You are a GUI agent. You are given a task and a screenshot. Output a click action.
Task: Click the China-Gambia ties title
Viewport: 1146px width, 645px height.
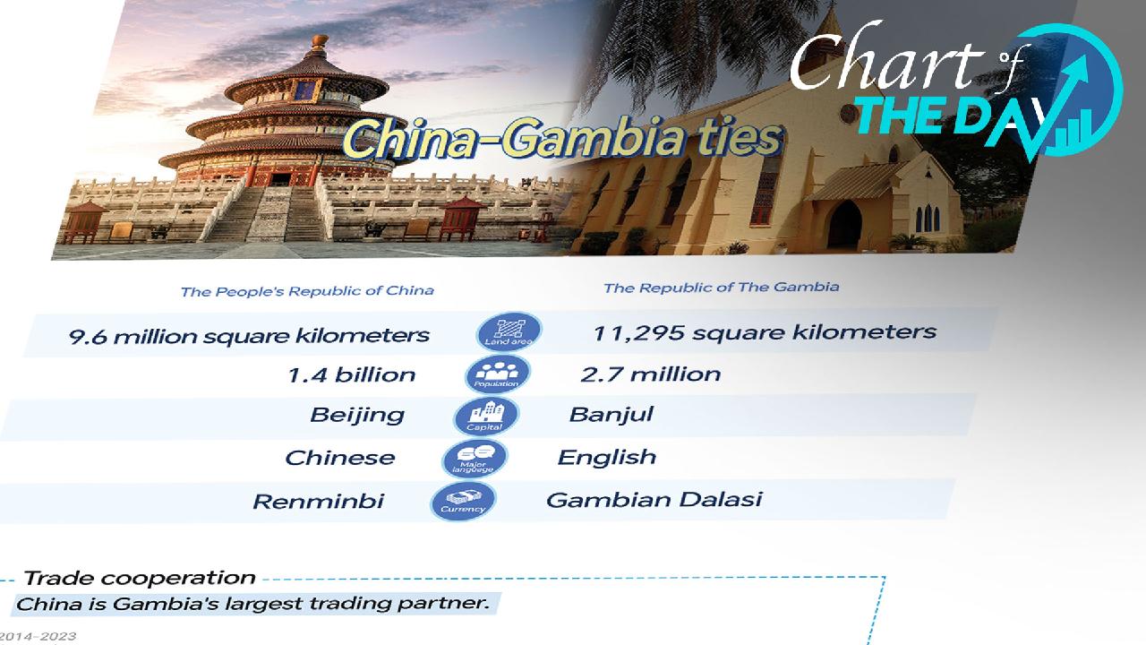[562, 141]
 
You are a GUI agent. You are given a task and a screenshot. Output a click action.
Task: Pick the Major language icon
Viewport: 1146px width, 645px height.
[475, 458]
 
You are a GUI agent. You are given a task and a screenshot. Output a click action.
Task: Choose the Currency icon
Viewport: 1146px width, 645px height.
[463, 499]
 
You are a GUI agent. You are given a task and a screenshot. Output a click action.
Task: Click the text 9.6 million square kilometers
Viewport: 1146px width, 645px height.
[249, 336]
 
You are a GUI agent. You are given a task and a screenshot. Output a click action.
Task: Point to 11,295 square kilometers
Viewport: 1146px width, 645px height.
[764, 332]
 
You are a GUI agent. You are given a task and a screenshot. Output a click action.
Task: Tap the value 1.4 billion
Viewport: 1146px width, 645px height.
[351, 374]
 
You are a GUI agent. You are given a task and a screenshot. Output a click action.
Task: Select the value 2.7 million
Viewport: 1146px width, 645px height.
[650, 374]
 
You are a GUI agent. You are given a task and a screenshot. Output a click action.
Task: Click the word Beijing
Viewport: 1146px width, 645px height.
[356, 416]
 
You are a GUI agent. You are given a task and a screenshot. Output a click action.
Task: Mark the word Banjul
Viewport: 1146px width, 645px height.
[611, 415]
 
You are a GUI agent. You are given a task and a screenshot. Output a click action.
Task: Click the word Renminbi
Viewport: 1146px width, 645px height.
[318, 501]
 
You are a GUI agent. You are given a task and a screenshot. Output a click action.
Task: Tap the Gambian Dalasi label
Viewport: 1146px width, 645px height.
[654, 499]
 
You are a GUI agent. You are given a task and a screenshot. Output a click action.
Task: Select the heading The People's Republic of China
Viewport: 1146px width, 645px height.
[307, 290]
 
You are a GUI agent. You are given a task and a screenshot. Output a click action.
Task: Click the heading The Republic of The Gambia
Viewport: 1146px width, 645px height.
[721, 288]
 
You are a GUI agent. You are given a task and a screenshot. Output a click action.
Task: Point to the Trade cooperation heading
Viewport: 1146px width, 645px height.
[139, 578]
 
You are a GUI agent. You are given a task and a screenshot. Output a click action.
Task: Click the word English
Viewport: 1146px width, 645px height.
[606, 457]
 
